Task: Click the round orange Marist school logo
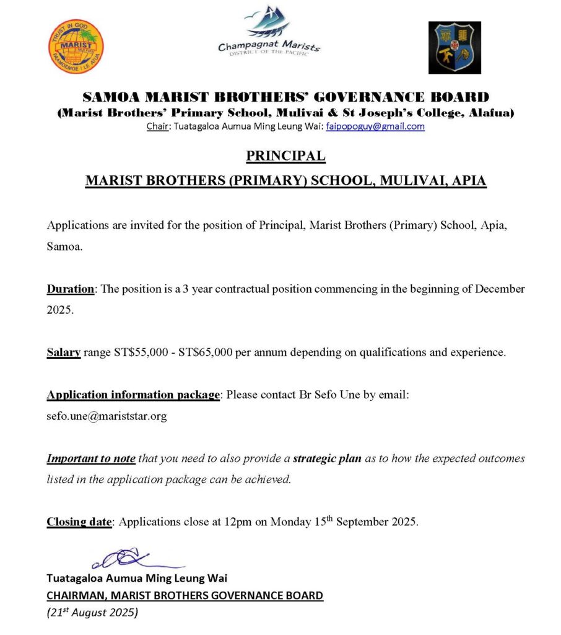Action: [x=76, y=47]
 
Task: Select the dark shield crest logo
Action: [x=454, y=48]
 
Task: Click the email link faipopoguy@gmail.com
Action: [x=375, y=127]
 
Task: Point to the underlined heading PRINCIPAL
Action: [x=285, y=155]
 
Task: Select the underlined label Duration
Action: [x=71, y=289]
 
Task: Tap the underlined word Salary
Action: [x=64, y=353]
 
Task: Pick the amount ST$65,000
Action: [x=206, y=353]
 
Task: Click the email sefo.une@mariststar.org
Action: [x=107, y=416]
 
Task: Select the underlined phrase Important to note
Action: [x=91, y=459]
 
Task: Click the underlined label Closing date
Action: [x=79, y=522]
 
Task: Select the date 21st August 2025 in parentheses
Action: [x=92, y=613]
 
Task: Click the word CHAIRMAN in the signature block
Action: [x=76, y=596]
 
